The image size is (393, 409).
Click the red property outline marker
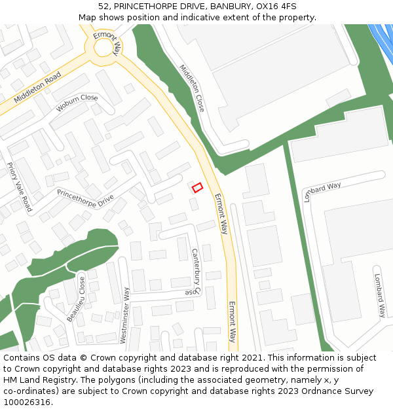pos(197,188)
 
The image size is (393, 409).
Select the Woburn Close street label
pos(77,102)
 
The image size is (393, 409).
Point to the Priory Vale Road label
pos(20,187)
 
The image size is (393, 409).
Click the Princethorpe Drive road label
pos(85,198)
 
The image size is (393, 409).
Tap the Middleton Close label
pos(192,88)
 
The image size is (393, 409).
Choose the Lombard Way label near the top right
pos(322,192)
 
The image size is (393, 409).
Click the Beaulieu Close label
pos(76,299)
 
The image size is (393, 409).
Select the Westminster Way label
pos(123,315)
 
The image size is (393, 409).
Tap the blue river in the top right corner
pos(383,39)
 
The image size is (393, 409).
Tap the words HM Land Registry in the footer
pos(34,380)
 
